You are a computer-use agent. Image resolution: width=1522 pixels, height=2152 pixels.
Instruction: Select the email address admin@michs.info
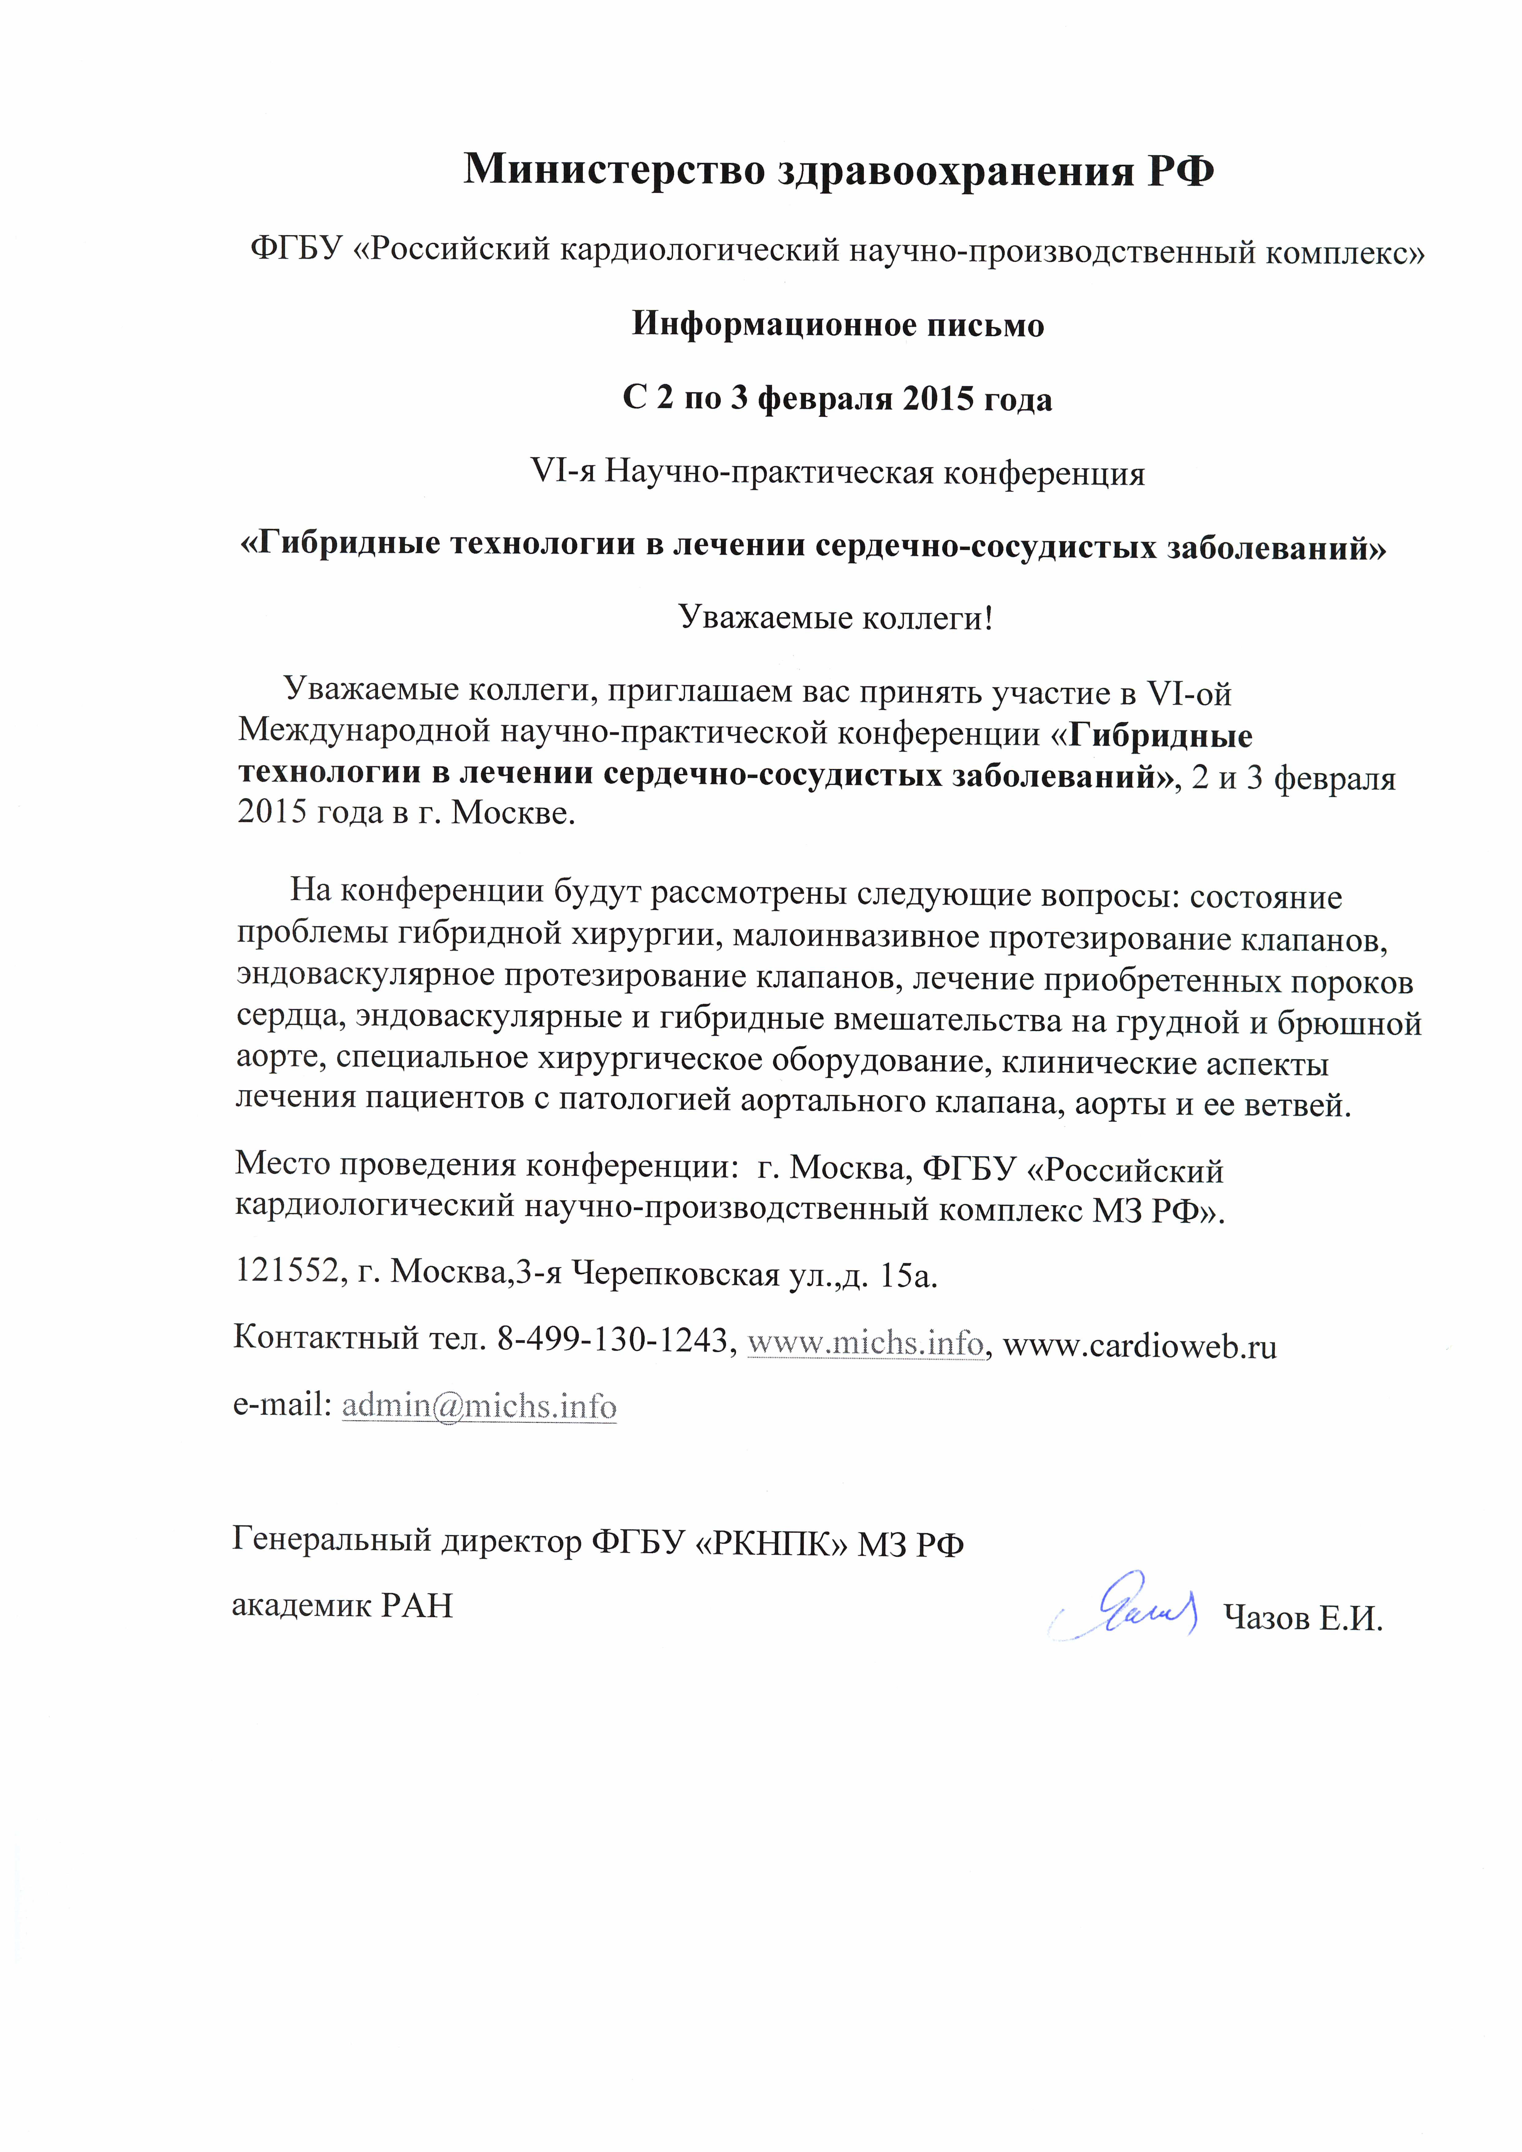pyautogui.click(x=479, y=1406)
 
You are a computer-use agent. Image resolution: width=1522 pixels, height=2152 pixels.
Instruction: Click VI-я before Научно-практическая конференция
pyautogui.click(x=562, y=472)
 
